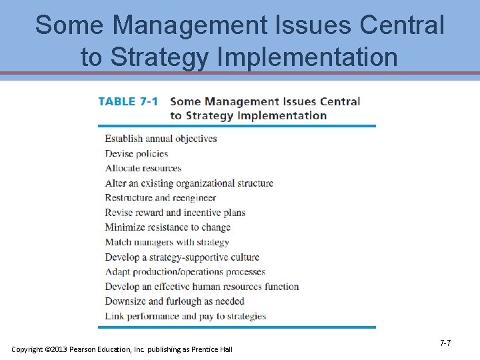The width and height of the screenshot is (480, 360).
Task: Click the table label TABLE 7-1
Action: pyautogui.click(x=128, y=101)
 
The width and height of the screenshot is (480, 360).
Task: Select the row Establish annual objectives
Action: pyautogui.click(x=161, y=139)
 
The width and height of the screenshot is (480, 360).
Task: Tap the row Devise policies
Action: pyautogui.click(x=136, y=153)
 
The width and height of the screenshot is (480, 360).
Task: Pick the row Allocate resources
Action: pyautogui.click(x=143, y=168)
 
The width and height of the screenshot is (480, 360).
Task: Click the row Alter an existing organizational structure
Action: pyautogui.click(x=189, y=183)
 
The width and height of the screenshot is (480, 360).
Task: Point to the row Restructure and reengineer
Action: pyautogui.click(x=160, y=198)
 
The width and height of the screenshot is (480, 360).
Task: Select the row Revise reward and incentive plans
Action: pyautogui.click(x=175, y=213)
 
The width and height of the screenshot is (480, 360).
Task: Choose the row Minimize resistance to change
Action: pyautogui.click(x=167, y=227)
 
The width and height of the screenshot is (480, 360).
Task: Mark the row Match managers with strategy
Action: pyautogui.click(x=167, y=242)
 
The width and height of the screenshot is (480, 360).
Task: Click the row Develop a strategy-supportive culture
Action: pyautogui.click(x=181, y=257)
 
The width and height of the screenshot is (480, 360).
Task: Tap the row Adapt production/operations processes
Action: pyautogui.click(x=185, y=272)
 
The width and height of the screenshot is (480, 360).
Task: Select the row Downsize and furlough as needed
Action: pyautogui.click(x=175, y=301)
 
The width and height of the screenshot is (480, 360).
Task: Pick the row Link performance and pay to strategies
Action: pyautogui.click(x=185, y=316)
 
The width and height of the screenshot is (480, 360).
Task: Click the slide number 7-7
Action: pyautogui.click(x=445, y=343)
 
